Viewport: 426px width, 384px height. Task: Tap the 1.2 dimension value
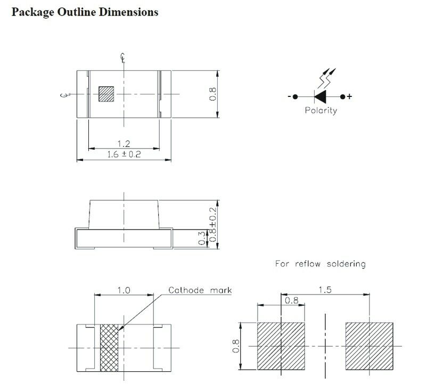click(x=124, y=143)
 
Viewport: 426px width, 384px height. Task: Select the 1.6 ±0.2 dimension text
click(x=124, y=154)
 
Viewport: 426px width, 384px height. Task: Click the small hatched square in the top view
click(x=106, y=94)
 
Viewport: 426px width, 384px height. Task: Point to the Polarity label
click(x=321, y=110)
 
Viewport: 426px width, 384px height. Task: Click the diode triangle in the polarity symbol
click(x=320, y=97)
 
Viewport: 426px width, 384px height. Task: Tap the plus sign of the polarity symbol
click(x=349, y=96)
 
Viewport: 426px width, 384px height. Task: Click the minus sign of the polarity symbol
click(x=289, y=96)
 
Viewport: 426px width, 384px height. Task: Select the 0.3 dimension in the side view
click(x=202, y=238)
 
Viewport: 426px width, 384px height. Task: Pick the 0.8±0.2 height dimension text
click(x=214, y=224)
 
